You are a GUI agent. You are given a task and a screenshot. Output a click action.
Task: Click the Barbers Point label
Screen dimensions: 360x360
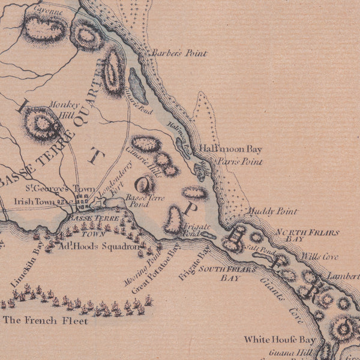point(178,53)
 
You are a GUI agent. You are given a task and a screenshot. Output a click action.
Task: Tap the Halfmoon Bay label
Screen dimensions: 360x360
point(230,149)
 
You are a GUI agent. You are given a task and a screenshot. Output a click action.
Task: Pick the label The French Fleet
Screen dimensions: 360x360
point(46,321)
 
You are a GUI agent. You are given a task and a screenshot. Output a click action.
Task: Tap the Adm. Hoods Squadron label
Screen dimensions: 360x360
point(91,246)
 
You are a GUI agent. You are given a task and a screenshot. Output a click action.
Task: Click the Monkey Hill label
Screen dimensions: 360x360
point(61,108)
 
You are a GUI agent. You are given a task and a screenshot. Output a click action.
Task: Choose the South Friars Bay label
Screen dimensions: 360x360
point(230,274)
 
